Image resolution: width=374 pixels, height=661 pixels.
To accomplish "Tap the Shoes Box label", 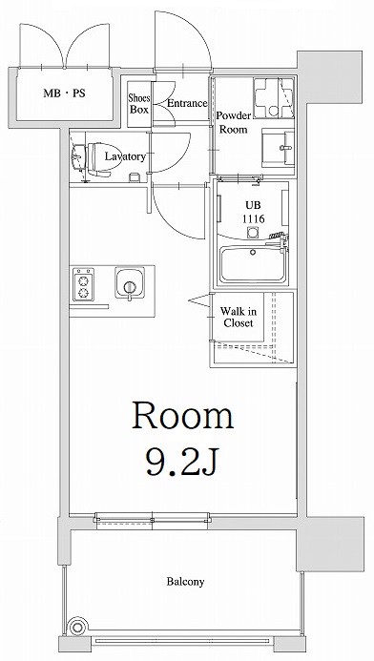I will tap(139, 103).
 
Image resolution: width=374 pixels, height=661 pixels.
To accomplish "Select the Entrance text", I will tap(186, 103).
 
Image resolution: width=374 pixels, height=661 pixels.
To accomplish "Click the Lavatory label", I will tap(125, 156).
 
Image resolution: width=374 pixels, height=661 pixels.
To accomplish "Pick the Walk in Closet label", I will tap(238, 317).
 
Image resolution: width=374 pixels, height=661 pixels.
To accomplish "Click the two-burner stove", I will tap(82, 283).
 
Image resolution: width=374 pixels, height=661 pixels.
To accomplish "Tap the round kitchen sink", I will tap(128, 283).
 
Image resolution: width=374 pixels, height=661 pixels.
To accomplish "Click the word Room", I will tap(181, 416).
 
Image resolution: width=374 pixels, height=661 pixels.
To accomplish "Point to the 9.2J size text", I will tap(181, 465).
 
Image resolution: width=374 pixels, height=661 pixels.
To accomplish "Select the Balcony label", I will tap(184, 581).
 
